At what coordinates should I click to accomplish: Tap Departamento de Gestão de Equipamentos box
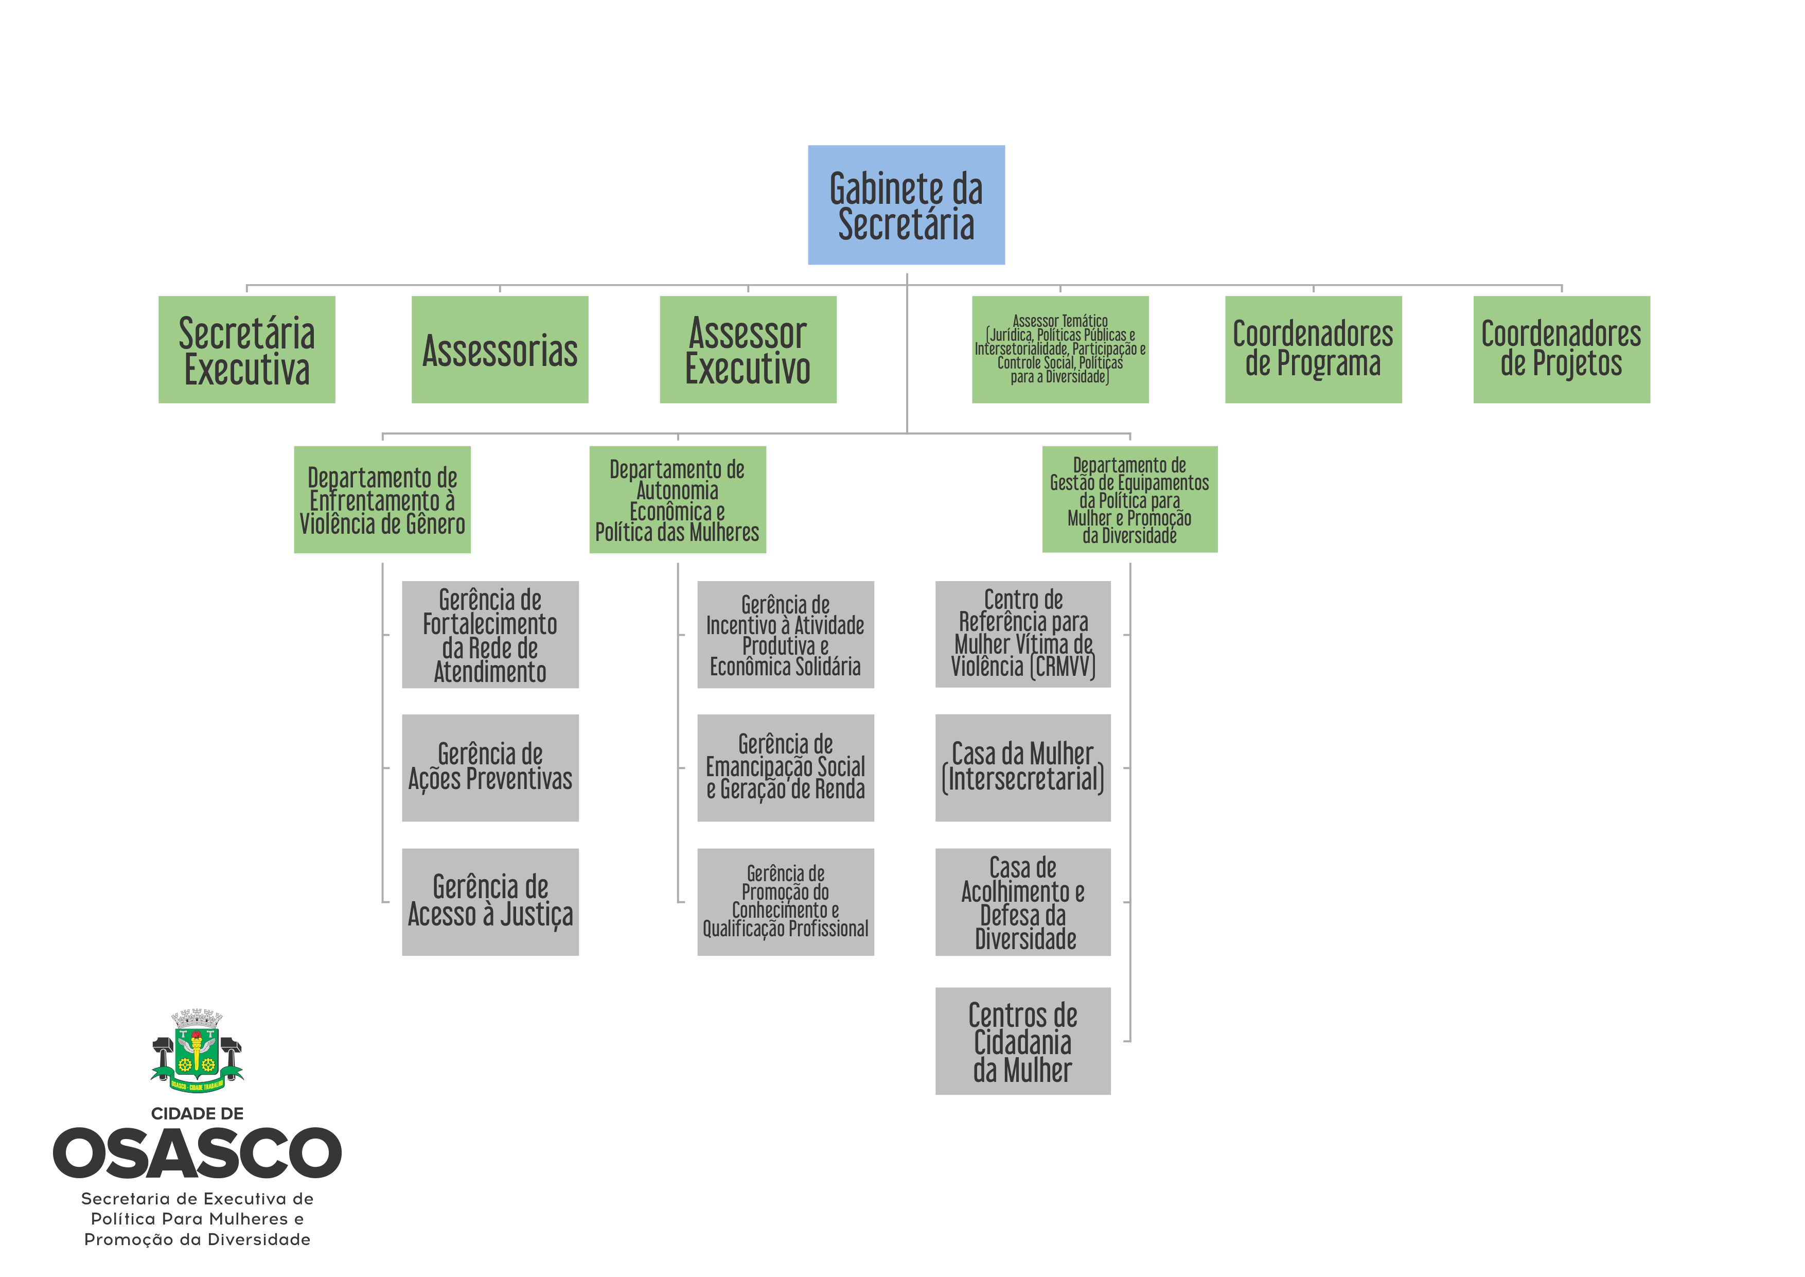pyautogui.click(x=1130, y=499)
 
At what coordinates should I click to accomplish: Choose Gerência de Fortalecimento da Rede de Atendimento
pyautogui.click(x=490, y=635)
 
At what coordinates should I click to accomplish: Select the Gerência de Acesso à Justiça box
pyautogui.click(x=490, y=902)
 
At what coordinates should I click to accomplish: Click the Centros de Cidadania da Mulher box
pyautogui.click(x=1023, y=1041)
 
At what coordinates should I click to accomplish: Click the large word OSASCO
pyautogui.click(x=197, y=1153)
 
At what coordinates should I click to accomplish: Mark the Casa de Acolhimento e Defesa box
pyautogui.click(x=1023, y=902)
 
